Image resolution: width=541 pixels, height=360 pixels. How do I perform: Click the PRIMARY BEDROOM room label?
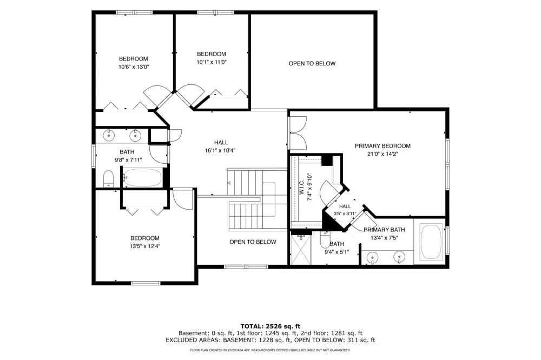point(382,146)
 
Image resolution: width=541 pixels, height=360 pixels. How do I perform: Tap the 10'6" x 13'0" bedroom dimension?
point(134,67)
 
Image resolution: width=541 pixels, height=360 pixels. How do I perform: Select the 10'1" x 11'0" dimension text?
point(212,62)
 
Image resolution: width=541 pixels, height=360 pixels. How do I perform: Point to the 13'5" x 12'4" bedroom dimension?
point(145,246)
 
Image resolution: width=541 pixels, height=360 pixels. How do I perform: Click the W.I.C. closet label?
point(301,187)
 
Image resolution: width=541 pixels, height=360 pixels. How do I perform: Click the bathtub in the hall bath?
point(142,178)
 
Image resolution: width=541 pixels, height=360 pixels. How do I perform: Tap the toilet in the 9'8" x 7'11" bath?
point(108,179)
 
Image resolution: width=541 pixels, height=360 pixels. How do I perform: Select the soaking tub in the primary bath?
point(431,242)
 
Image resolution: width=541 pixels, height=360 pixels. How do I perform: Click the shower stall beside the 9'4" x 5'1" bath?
point(301,249)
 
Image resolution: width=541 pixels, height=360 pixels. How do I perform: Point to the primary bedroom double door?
point(298,133)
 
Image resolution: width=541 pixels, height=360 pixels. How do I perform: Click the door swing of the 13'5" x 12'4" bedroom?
point(183,199)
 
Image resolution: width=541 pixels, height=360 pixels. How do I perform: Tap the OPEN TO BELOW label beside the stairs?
point(253,242)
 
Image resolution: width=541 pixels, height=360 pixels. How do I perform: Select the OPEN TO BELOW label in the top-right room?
point(312,63)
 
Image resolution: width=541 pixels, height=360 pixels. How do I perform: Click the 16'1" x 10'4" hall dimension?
point(220,150)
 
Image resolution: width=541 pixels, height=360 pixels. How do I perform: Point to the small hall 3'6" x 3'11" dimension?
point(345,214)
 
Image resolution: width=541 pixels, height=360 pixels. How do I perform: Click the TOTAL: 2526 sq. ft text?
point(270,326)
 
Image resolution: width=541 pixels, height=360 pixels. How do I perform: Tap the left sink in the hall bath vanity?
point(109,135)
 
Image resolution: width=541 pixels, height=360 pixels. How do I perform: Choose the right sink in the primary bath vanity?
point(399,257)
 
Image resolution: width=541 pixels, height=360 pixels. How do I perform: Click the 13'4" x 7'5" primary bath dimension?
point(384,238)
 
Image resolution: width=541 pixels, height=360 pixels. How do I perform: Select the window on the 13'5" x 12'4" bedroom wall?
point(146,283)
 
